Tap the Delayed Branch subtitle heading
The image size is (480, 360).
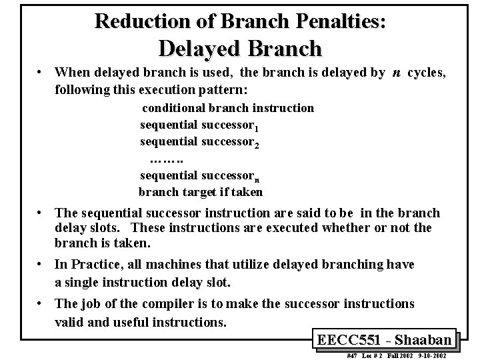click(240, 48)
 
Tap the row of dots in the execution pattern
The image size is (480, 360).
click(167, 159)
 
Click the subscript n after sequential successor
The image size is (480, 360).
click(258, 179)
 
